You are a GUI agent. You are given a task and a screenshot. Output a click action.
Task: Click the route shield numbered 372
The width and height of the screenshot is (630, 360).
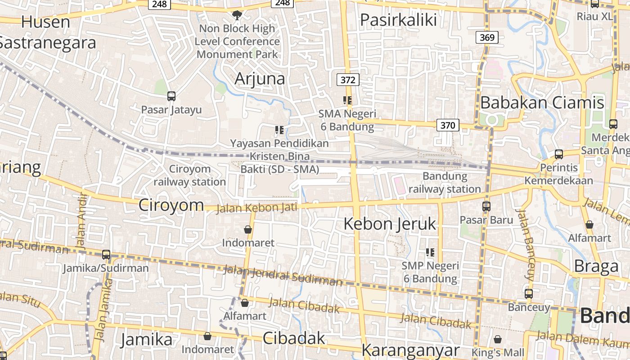(348, 80)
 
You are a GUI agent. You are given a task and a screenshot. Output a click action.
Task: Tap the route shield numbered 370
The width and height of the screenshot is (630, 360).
(448, 125)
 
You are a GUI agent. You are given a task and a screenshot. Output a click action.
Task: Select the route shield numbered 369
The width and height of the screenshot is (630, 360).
(487, 37)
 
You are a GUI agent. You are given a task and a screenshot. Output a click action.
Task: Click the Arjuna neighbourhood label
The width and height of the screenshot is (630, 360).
(260, 79)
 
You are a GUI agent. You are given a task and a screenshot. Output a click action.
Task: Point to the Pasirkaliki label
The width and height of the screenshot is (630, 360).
(399, 20)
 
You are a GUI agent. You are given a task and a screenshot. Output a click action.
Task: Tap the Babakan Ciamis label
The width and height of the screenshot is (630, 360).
(542, 103)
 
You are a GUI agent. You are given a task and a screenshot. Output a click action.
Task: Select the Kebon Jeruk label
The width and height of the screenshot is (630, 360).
(390, 224)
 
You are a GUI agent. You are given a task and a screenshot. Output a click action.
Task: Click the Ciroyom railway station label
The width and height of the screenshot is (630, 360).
(189, 175)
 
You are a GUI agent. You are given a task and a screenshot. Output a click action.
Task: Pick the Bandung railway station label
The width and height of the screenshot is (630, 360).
(445, 182)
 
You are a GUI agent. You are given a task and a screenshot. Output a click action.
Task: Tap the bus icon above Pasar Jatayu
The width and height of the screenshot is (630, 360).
(171, 96)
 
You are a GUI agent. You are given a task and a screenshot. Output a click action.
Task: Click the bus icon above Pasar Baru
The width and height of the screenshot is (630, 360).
(486, 207)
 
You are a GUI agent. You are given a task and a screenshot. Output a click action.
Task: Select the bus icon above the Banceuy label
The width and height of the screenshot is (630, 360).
(529, 294)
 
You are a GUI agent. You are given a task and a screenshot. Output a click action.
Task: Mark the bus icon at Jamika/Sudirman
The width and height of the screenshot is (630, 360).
(106, 255)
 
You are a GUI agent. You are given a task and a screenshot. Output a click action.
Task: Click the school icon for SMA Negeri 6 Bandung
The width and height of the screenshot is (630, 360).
(347, 100)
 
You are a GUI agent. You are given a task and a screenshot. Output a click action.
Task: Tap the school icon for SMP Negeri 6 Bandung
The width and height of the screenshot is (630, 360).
(430, 252)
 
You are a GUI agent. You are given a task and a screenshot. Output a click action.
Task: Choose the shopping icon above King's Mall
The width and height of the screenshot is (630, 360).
(498, 339)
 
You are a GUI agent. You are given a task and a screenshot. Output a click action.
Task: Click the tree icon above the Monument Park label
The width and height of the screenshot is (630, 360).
(237, 15)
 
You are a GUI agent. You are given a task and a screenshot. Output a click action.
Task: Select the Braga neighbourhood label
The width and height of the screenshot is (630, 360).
(597, 266)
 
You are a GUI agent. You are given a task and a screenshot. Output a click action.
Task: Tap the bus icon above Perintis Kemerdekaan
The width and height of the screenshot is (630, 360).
(559, 154)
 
